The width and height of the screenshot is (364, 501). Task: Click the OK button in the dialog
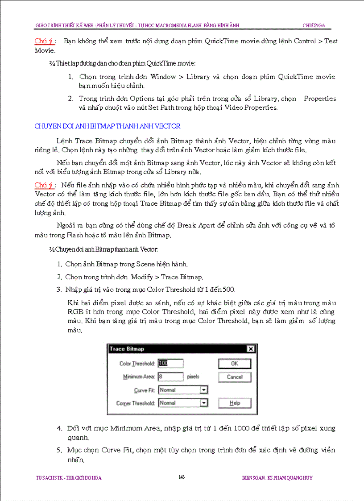point(235,364)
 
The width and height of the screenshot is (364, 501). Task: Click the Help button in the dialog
point(235,403)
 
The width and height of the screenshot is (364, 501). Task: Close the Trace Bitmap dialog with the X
point(250,349)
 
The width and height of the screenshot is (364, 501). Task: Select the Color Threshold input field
point(170,364)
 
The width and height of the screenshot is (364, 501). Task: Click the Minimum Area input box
point(170,377)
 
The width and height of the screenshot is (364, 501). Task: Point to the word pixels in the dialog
point(193,377)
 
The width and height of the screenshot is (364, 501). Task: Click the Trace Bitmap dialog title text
point(127,349)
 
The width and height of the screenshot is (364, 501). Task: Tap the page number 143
point(182,477)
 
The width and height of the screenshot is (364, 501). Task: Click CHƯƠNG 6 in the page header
point(314,25)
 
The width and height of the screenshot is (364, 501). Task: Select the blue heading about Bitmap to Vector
point(108,126)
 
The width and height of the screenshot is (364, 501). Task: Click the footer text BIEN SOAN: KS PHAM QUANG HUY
point(277,478)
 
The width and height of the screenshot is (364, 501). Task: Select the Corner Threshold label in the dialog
point(136,403)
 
